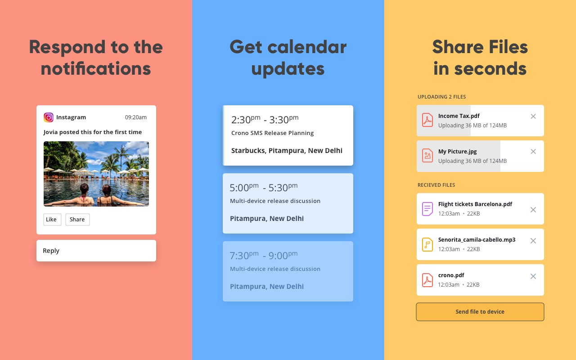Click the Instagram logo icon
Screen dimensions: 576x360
(48, 117)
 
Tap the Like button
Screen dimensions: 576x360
(52, 219)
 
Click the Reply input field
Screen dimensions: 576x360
(96, 251)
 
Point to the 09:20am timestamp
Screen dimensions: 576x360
(136, 117)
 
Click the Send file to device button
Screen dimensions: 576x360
(480, 312)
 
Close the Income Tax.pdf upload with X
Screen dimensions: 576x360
(533, 117)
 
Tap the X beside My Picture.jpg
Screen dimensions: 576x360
(533, 152)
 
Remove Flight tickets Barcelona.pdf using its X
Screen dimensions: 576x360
(533, 210)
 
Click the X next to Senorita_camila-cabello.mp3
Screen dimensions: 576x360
(533, 241)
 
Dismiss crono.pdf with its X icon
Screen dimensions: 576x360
(533, 276)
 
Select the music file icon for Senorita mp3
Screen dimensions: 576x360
(427, 244)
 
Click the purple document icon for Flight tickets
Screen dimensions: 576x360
(427, 209)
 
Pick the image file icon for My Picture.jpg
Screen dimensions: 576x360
(427, 156)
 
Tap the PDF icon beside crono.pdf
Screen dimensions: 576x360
(427, 280)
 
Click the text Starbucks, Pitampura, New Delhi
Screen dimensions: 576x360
(287, 151)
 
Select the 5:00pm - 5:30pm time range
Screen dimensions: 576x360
(264, 188)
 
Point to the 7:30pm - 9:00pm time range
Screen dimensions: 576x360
(264, 255)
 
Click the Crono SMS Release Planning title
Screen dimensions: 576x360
(272, 133)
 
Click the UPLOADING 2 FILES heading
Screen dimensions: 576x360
(441, 97)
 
